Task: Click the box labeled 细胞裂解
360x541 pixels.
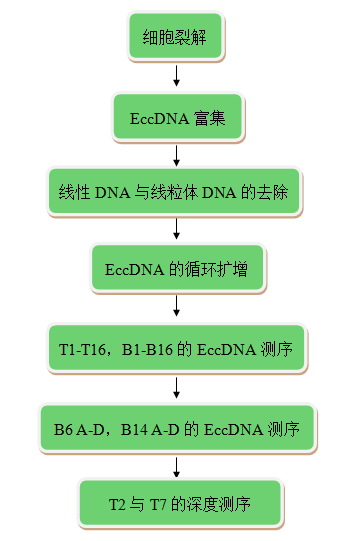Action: click(x=176, y=38)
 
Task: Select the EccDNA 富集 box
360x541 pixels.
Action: click(x=176, y=117)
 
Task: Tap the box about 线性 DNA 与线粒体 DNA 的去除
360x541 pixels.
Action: click(x=176, y=192)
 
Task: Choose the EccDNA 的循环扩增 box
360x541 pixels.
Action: click(x=176, y=269)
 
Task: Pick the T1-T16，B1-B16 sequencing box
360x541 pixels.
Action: click(x=176, y=349)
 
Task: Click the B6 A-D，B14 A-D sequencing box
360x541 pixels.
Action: click(x=176, y=429)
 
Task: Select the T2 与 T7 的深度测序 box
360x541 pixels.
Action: click(x=176, y=504)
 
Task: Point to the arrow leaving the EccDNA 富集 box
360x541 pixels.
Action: click(x=176, y=154)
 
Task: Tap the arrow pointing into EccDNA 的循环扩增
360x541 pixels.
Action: click(x=176, y=230)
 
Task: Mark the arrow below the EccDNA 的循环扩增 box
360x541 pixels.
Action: click(x=176, y=308)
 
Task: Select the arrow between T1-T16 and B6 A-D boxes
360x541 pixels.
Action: click(x=176, y=388)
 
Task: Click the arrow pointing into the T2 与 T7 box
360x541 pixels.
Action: click(x=176, y=467)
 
